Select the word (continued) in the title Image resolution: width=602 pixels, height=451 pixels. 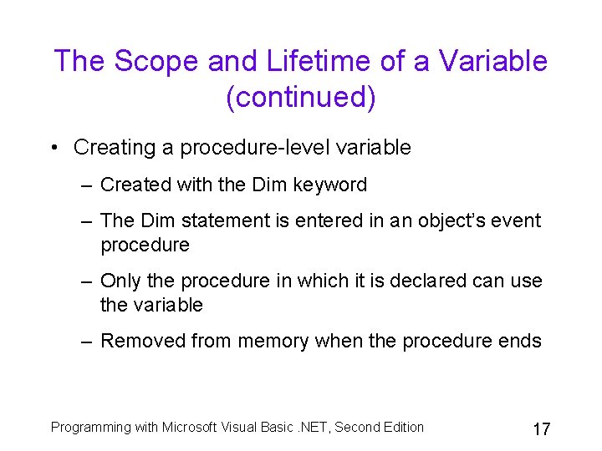point(301,98)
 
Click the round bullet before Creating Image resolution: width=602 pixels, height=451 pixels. point(54,148)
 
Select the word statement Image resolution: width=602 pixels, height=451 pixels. point(212,220)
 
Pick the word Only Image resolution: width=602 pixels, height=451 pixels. point(119,281)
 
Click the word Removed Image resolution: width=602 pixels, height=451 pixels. point(142,341)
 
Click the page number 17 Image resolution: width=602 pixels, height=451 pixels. point(541,429)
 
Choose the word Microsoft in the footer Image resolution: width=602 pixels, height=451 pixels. point(191,428)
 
